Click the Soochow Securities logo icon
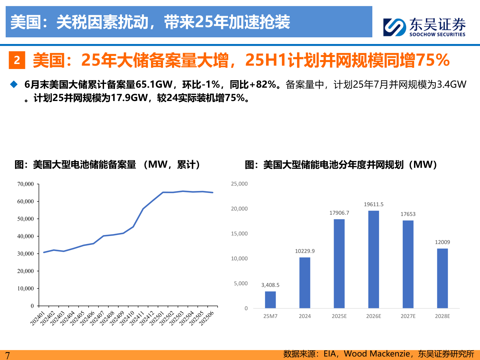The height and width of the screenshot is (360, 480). pos(394,27)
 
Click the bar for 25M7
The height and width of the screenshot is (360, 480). pos(270,300)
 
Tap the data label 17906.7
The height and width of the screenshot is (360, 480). pos(339,213)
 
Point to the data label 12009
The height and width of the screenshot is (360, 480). pos(442,242)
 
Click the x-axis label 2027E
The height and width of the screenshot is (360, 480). pos(408,316)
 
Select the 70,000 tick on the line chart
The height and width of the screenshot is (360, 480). pos(26,184)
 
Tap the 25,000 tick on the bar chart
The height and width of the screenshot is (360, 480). pos(239,184)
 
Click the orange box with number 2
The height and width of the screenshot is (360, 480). pos(17,60)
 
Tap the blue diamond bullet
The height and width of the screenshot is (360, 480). pos(14,84)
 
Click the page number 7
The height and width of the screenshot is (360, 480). pos(7,355)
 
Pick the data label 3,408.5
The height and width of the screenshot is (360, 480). pos(270,285)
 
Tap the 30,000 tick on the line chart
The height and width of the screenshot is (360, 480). pos(26,254)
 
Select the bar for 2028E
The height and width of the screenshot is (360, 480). pos(442,278)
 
